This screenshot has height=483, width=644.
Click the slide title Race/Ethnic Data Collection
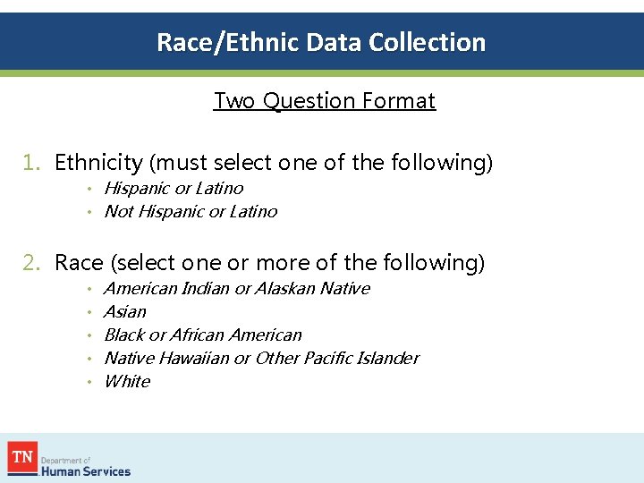[321, 42]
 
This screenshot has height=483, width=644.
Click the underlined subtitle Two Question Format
[324, 100]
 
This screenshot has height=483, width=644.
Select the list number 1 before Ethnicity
[31, 163]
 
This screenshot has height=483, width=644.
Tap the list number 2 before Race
[31, 263]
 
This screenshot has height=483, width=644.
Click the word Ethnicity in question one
[98, 163]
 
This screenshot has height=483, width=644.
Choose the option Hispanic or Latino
[174, 189]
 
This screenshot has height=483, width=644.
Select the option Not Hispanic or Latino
[191, 212]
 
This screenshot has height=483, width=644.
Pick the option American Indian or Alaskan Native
[236, 289]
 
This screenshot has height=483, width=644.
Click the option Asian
[125, 312]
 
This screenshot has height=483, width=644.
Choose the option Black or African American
[203, 335]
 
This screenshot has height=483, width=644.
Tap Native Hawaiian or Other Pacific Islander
[261, 359]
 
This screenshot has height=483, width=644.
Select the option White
[127, 382]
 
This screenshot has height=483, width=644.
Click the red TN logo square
[21, 456]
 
